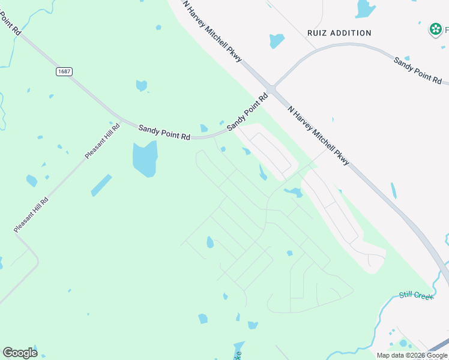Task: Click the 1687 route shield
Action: coord(64,71)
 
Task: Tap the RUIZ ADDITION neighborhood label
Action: coord(339,33)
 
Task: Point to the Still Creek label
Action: coord(416,296)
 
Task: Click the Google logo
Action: coord(20,353)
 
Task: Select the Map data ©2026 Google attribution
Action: coord(412,355)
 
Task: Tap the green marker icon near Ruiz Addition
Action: coord(435,29)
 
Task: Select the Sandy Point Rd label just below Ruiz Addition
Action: coord(418,70)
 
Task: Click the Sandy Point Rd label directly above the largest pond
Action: coord(164,133)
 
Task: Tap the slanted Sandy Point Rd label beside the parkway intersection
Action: coord(247,112)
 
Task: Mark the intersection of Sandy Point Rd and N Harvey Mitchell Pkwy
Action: coord(271,89)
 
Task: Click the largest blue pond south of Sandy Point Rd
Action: coord(145,158)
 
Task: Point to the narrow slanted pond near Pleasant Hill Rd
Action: coord(101,185)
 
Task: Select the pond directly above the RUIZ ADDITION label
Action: coord(365,8)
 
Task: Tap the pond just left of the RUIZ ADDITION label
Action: coord(277,40)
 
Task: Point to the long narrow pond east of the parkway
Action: coord(393,191)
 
